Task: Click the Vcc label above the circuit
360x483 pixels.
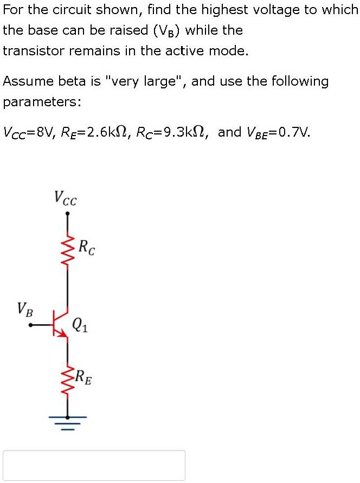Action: [x=66, y=198]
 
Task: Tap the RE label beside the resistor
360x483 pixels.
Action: [x=83, y=376]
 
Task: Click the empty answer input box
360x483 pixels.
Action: [x=94, y=465]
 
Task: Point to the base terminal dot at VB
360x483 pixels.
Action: [x=30, y=325]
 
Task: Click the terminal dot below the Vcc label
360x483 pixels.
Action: [x=67, y=214]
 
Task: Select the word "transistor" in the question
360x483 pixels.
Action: [x=34, y=51]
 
